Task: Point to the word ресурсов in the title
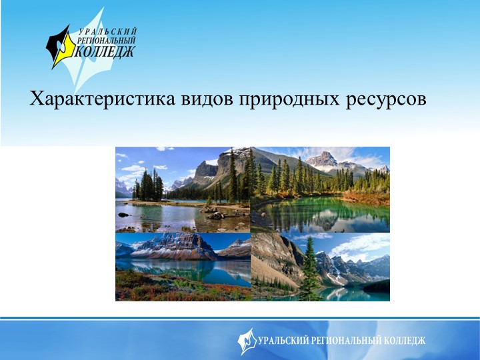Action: [386, 101]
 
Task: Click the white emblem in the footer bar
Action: [247, 341]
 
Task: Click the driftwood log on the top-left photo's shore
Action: [215, 214]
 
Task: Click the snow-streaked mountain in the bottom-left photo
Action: [173, 246]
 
